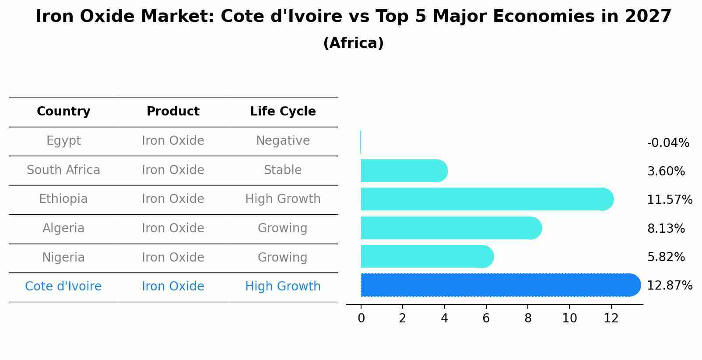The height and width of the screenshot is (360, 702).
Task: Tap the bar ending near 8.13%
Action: coord(451,228)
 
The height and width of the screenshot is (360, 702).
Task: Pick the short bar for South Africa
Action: coord(403,171)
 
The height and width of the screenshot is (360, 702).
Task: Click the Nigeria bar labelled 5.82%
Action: coord(427,256)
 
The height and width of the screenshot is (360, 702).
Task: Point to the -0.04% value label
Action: coord(668,143)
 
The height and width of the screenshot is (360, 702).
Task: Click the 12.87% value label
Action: coord(670,286)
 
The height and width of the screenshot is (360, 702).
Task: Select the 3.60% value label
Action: coord(666,171)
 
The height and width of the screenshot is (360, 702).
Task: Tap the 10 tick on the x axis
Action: coord(569,318)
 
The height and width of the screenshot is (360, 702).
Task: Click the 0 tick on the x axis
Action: coord(361,318)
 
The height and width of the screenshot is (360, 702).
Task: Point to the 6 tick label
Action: coord(486,318)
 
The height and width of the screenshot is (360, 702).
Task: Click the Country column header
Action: coord(63,112)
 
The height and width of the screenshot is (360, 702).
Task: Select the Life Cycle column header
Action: coord(283,112)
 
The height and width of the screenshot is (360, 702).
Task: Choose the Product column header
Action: coord(173,112)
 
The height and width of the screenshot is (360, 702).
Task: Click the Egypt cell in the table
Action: coord(63,141)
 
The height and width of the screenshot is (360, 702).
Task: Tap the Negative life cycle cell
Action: coord(283,141)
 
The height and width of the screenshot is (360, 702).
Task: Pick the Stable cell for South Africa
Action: coord(283,170)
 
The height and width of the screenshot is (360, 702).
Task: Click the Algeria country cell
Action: coord(63,228)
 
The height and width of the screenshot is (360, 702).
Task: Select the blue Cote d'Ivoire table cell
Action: coord(63,287)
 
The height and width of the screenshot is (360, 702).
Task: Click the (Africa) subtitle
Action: coord(353,43)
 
